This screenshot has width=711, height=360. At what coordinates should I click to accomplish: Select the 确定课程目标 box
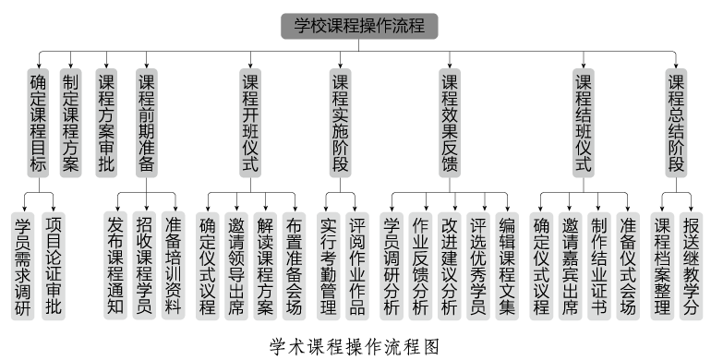click(x=38, y=122)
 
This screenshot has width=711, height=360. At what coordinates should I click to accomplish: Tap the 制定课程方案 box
click(x=70, y=122)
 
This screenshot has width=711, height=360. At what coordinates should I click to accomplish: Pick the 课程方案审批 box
click(x=106, y=122)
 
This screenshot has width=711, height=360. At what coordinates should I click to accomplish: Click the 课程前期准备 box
click(x=146, y=122)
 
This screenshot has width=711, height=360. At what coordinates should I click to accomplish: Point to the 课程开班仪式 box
click(x=249, y=122)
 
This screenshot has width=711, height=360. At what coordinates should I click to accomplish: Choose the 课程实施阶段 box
click(x=341, y=122)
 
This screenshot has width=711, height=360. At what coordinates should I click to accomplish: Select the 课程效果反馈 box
click(x=450, y=122)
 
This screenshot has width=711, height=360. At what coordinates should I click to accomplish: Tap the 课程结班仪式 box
click(x=583, y=122)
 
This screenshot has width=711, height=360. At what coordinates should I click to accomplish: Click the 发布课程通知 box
click(x=115, y=266)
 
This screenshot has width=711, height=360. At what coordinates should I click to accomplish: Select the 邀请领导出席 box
click(x=235, y=266)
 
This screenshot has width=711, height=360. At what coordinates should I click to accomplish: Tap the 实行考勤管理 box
click(x=327, y=266)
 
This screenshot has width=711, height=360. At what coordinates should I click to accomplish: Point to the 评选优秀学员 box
click(x=477, y=266)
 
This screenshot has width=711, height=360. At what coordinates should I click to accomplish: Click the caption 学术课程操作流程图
click(x=354, y=346)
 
